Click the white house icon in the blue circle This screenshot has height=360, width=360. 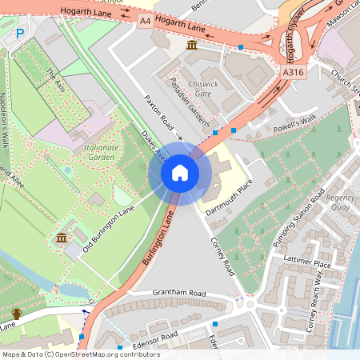click(180, 173)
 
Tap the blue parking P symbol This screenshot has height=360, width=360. click(21, 32)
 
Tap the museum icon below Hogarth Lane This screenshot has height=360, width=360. click(192, 46)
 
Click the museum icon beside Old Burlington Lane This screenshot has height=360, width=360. click(62, 238)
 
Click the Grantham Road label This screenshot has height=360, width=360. click(180, 294)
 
